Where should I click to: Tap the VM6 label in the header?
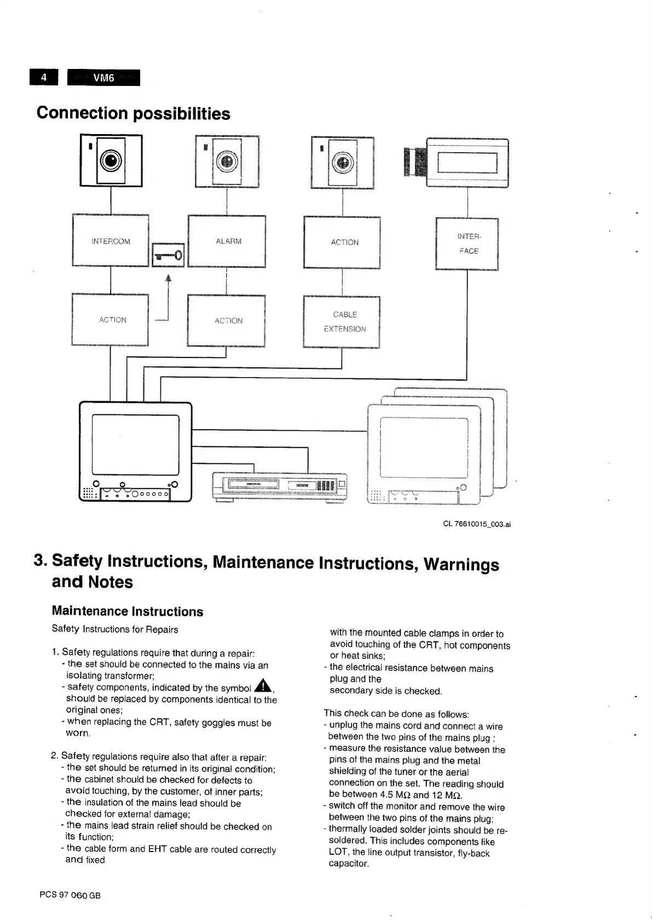point(103,78)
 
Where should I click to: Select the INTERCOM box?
point(111,241)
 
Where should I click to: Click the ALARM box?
point(227,241)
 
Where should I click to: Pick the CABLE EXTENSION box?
point(342,321)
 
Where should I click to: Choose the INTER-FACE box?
point(467,244)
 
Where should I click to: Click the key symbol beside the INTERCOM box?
point(168,254)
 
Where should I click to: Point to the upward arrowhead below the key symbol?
point(169,278)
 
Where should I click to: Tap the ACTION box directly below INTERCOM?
point(111,320)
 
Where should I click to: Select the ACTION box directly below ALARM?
point(227,321)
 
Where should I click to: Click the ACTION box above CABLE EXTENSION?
point(342,242)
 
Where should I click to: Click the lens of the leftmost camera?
point(111,161)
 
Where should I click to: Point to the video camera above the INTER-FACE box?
point(457,162)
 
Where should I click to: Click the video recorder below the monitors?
point(279,486)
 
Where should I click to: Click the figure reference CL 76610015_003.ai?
point(476,524)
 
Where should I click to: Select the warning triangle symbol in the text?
point(263,685)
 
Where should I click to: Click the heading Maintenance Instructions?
point(127,611)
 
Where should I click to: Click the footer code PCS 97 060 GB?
point(70,895)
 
